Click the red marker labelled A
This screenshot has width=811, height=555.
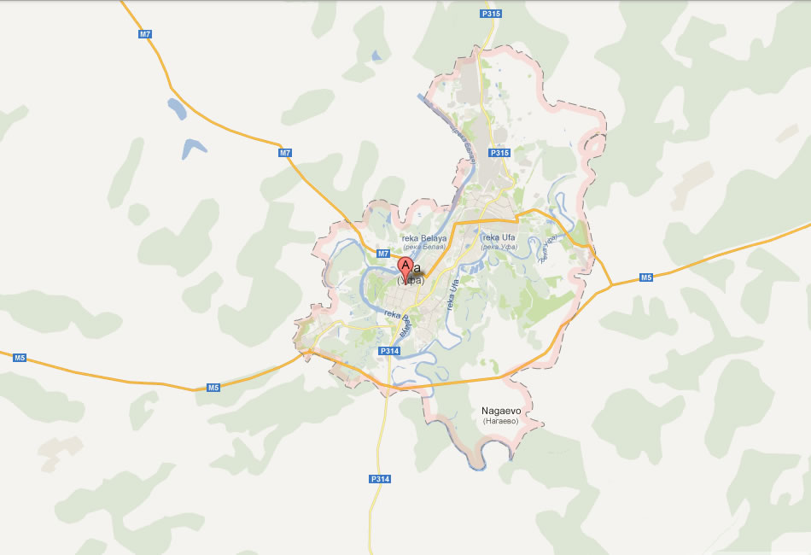[405, 266]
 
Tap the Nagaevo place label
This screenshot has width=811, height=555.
[501, 411]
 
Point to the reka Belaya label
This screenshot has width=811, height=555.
[424, 238]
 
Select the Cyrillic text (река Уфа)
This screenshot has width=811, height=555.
[500, 247]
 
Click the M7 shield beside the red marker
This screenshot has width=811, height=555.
[383, 254]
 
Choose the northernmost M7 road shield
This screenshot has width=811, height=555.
[144, 34]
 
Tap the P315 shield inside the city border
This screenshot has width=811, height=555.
[499, 152]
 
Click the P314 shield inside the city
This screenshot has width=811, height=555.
[389, 351]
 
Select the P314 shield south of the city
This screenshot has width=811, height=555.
[380, 479]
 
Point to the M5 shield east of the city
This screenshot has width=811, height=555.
[646, 277]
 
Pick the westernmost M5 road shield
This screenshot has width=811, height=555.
[20, 357]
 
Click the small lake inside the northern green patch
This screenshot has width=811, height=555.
[376, 57]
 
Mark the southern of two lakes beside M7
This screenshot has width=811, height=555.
[194, 148]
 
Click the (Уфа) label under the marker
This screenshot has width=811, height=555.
[411, 279]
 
